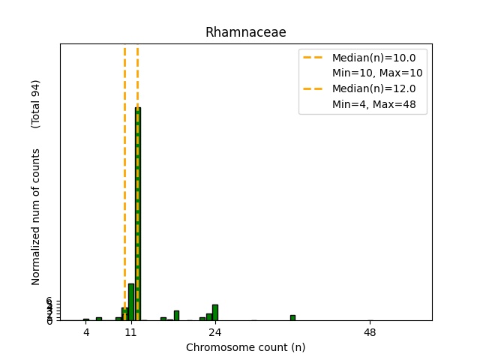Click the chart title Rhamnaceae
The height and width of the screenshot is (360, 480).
[x=246, y=32]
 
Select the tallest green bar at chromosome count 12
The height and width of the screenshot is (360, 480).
[x=138, y=214]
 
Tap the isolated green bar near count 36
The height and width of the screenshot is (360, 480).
[x=292, y=318]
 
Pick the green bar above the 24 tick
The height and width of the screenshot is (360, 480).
[x=215, y=313]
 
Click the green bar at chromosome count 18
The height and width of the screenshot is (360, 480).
[x=176, y=316]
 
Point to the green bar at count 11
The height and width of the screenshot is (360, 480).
[x=131, y=302]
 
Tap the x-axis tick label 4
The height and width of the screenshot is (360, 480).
[x=86, y=331]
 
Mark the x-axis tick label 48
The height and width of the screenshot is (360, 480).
[x=370, y=331]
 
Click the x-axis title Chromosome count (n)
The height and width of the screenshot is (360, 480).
[x=246, y=347]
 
